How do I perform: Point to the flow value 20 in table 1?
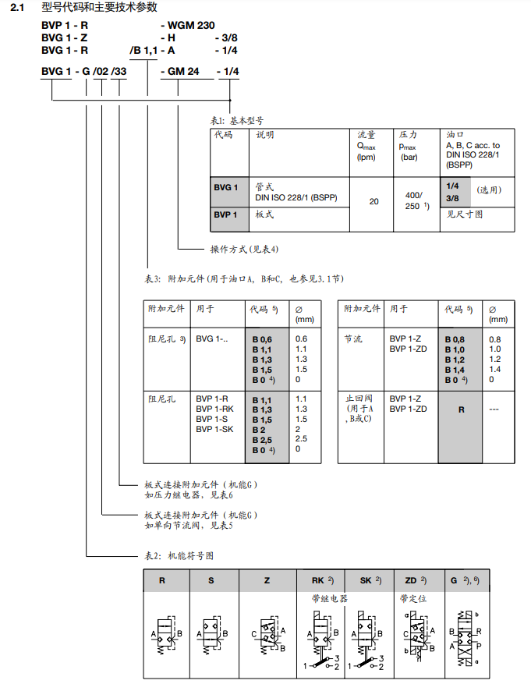(374, 201)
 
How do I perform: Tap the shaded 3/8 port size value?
(452, 199)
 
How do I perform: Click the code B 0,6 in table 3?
(263, 339)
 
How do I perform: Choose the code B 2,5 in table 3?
(263, 440)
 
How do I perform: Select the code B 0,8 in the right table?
(455, 339)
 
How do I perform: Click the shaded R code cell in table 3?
(461, 409)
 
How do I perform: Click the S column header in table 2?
(211, 581)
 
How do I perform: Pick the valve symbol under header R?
(164, 635)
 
